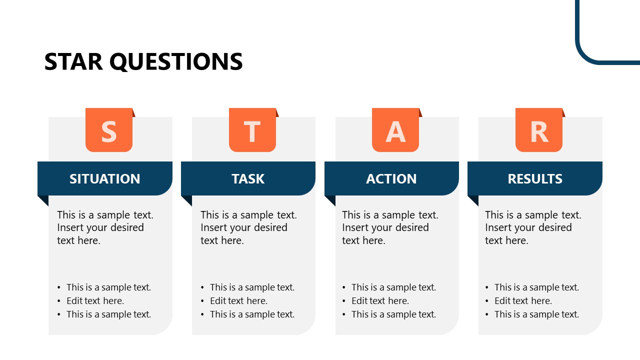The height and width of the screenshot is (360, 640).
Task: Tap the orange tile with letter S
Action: point(109,130)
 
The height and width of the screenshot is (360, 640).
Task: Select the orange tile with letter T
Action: point(252,130)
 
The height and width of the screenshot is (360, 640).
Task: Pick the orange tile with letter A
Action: point(395,130)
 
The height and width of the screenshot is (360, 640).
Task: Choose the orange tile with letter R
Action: point(539,130)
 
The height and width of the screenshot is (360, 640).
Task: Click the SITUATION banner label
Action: point(105,179)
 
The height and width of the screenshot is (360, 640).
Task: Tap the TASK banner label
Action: point(248,179)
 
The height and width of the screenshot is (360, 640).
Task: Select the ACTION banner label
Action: point(391,179)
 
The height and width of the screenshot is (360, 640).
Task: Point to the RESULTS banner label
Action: point(535,179)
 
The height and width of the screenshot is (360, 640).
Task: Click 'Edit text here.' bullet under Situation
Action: point(95,301)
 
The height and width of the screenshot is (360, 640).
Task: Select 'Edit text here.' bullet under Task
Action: point(238,301)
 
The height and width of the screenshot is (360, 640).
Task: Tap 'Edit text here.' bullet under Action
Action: point(380,301)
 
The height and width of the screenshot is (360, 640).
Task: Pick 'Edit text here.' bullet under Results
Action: point(523,301)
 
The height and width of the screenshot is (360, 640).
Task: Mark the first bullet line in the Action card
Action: point(393,287)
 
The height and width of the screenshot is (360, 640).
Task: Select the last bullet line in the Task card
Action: point(252,314)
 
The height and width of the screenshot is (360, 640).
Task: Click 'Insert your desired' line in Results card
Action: point(528,227)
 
